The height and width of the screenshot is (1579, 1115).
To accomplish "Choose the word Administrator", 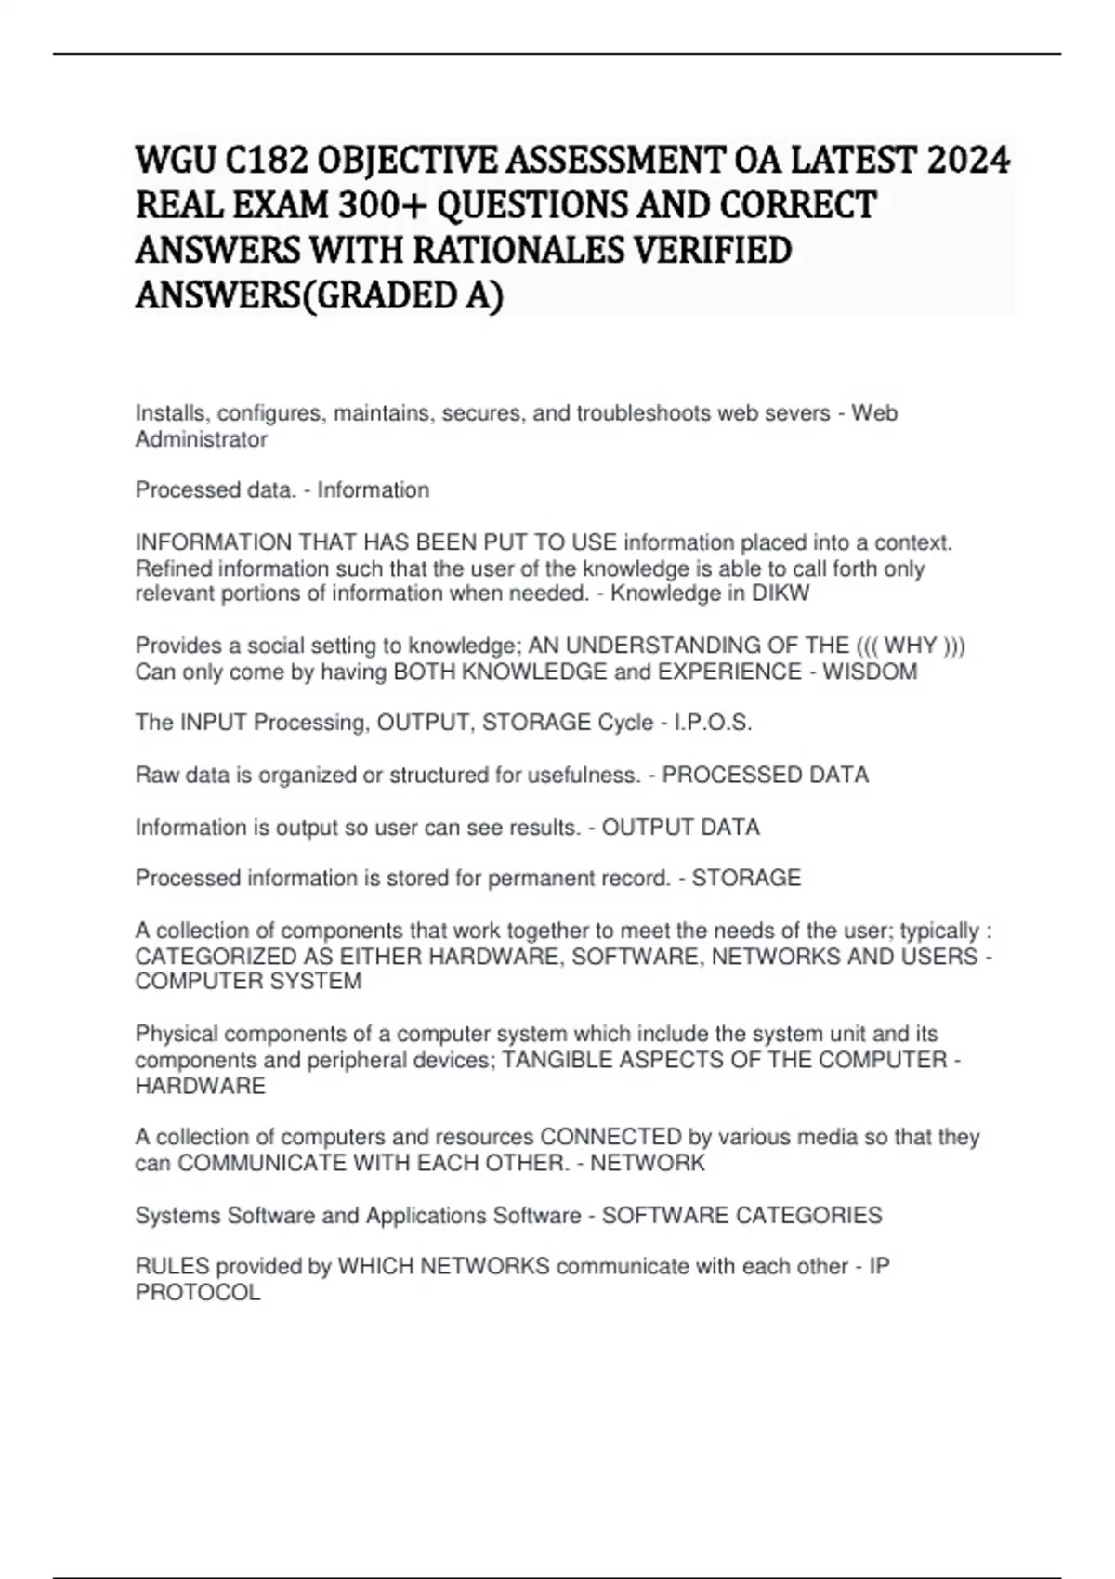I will pos(201,439).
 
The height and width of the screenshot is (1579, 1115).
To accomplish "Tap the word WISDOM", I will pos(877,672).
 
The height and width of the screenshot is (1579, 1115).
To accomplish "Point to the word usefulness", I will pos(584,775).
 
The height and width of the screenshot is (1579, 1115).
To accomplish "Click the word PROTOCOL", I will pos(198,1292).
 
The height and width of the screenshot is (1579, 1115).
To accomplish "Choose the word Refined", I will pos(173,568).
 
